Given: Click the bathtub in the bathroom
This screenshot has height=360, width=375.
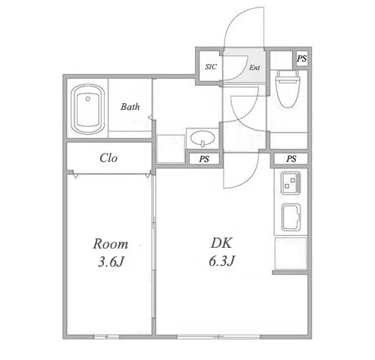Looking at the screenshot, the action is click(x=87, y=109).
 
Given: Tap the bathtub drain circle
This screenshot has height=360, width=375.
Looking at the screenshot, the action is click(x=88, y=99).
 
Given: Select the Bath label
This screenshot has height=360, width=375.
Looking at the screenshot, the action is click(x=130, y=107).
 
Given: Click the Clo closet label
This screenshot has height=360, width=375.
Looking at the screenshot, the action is click(x=108, y=158).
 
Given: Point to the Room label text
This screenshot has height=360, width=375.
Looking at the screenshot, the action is click(x=111, y=244).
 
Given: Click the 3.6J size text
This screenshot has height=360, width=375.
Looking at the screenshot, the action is click(x=111, y=262).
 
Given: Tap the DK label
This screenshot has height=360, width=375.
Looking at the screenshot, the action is click(x=221, y=243).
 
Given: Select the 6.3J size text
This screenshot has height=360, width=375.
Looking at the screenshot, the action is click(x=221, y=261).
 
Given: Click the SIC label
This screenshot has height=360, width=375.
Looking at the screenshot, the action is click(x=211, y=67).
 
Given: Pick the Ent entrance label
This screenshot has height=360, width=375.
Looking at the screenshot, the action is click(x=255, y=68).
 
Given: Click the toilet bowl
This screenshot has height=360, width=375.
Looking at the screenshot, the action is click(x=288, y=89).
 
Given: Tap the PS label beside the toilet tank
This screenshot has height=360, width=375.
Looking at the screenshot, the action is click(x=302, y=59).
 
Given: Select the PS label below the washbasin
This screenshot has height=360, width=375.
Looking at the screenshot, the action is click(x=204, y=159).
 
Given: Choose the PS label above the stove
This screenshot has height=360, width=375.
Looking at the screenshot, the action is click(x=291, y=159).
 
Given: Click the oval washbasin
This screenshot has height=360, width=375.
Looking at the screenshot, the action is click(x=203, y=138).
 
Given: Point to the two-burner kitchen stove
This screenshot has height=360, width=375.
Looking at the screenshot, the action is click(x=291, y=183).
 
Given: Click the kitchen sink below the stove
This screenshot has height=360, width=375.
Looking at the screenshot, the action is click(x=291, y=218).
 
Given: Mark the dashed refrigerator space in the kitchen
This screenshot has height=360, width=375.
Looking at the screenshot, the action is click(x=291, y=254).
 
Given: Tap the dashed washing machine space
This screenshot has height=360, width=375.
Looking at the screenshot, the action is click(x=171, y=149).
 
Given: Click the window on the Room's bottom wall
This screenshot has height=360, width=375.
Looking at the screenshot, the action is click(x=107, y=337).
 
